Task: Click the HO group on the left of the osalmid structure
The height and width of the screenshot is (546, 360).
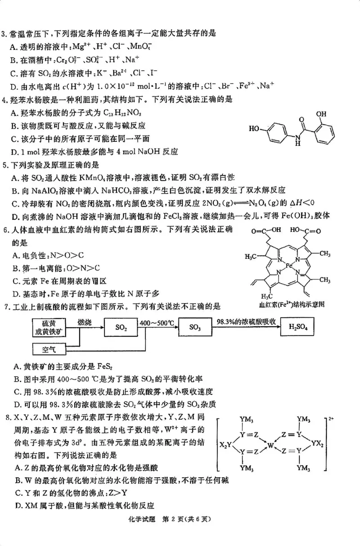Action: pyautogui.click(x=254, y=129)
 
